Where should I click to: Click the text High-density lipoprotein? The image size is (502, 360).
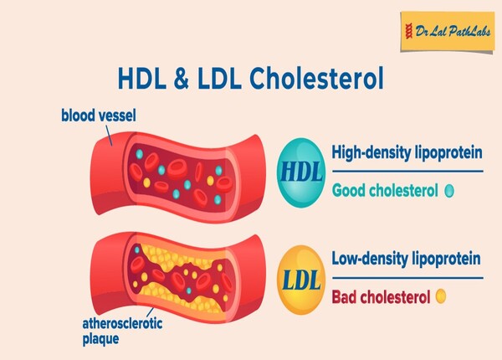point(406,153)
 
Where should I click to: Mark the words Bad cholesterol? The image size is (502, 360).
point(381,296)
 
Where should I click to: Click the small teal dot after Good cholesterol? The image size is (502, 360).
point(449,191)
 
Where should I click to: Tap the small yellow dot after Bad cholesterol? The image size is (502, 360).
point(441,296)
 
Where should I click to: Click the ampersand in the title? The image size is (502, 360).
point(183,79)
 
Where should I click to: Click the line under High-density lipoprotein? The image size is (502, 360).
point(407,172)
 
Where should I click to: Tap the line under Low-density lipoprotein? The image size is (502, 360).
point(407,277)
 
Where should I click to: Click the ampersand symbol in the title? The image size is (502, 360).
point(183,79)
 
